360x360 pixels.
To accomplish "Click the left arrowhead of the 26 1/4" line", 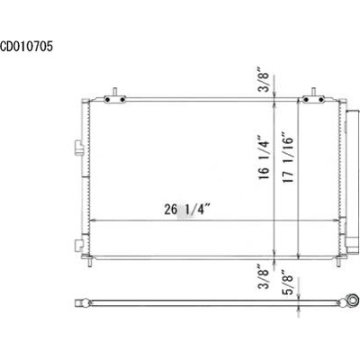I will point(93,220).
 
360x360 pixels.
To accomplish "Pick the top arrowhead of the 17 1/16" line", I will point(299,101).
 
